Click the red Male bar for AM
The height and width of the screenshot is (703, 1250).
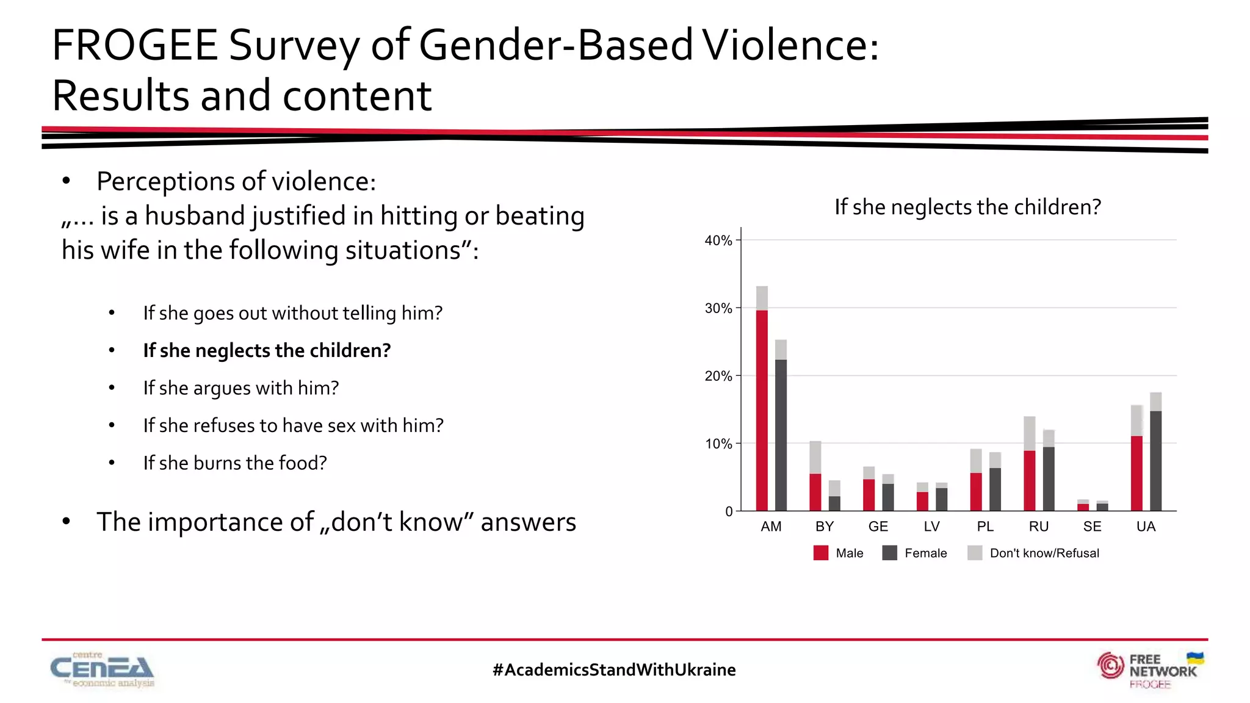point(762,410)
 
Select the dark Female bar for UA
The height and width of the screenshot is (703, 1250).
point(1155,461)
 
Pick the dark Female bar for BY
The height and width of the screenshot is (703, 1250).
point(834,503)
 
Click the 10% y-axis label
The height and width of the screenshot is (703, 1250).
point(718,444)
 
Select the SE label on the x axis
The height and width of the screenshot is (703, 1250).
point(1092,527)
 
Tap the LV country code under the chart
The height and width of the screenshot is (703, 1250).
point(931,527)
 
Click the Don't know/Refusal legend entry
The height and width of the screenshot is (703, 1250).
point(1044,553)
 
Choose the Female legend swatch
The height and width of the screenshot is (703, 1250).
point(890,553)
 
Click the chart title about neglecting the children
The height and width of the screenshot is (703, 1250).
point(967,207)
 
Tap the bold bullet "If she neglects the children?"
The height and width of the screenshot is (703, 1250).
point(267,350)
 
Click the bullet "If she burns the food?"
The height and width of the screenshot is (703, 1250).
point(235,463)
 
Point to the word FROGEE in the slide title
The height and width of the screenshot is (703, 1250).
point(135,46)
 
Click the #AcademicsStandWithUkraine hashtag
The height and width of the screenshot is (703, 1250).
point(614,670)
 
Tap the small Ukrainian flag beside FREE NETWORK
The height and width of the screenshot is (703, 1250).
point(1195,658)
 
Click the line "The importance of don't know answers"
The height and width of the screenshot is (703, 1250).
point(336,522)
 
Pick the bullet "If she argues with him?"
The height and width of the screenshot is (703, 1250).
point(240,388)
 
